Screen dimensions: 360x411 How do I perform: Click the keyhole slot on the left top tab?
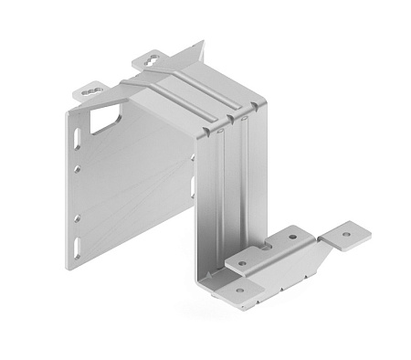[x=90, y=91]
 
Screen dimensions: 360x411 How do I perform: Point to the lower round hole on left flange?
[x=77, y=217]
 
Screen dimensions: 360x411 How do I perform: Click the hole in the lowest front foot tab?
[x=239, y=291]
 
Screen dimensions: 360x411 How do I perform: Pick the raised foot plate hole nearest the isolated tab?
[x=293, y=237]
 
